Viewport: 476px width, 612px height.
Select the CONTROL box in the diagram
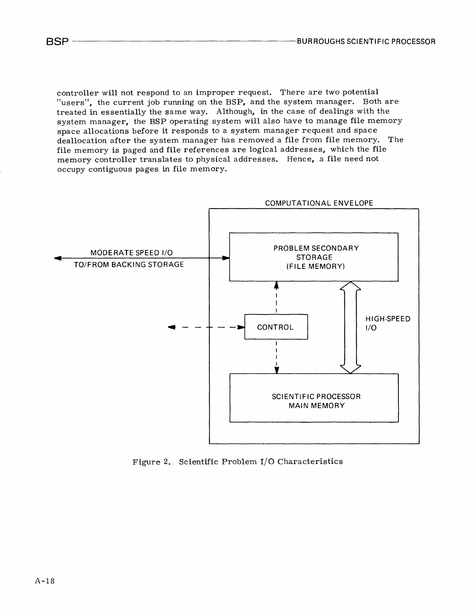[x=276, y=327]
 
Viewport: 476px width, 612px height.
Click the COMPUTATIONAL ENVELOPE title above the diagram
[x=319, y=203]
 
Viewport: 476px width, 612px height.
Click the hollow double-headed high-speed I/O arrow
[x=350, y=327]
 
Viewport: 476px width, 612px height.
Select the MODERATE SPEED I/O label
[x=131, y=253]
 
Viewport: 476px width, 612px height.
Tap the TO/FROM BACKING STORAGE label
[x=129, y=265]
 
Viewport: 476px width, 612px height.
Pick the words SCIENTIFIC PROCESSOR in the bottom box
[x=316, y=396]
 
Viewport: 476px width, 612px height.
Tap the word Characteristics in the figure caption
[x=310, y=461]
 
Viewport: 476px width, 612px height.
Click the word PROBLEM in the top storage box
[x=291, y=248]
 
